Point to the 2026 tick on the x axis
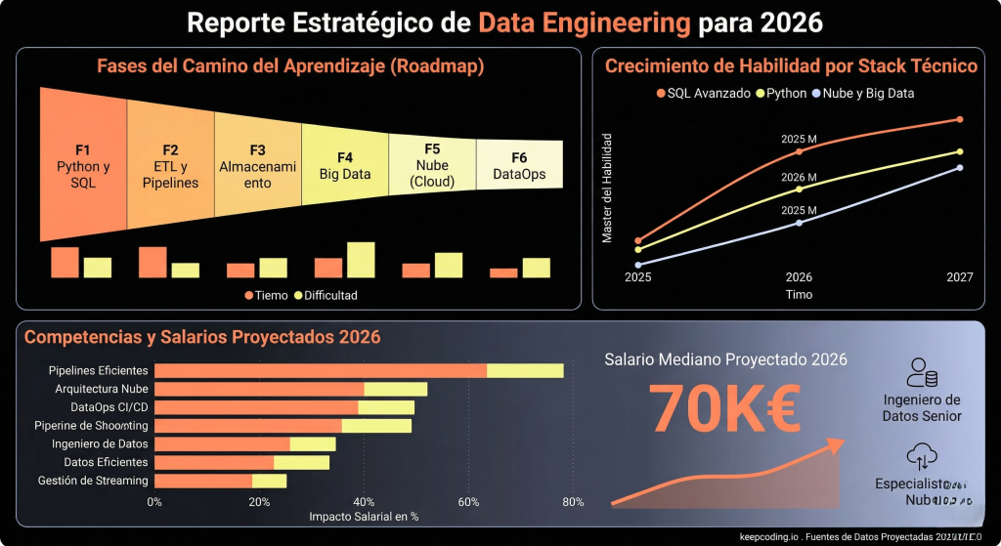click(x=799, y=277)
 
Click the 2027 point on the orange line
click(x=960, y=119)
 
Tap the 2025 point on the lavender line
click(x=638, y=265)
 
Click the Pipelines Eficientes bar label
click(x=99, y=370)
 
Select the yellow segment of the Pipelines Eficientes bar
click(x=525, y=370)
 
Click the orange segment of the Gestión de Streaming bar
click(x=203, y=481)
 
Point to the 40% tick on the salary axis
click(x=364, y=502)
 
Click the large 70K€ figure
click(x=724, y=407)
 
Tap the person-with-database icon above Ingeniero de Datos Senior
click(x=922, y=373)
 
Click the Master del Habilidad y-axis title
click(x=607, y=188)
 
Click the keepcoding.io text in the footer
click(x=769, y=536)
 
